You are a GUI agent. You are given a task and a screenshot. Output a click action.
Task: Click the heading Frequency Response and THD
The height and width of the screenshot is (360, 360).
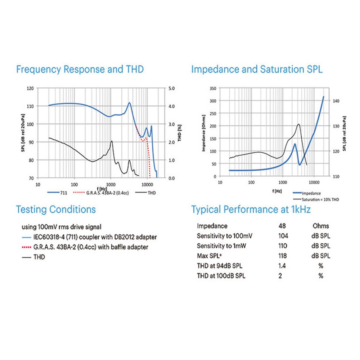pyautogui.click(x=80, y=69)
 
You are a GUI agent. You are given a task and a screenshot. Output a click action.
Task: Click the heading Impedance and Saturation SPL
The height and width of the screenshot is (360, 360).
pyautogui.click(x=257, y=69)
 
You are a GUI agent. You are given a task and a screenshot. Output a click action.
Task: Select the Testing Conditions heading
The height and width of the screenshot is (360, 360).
pyautogui.click(x=56, y=210)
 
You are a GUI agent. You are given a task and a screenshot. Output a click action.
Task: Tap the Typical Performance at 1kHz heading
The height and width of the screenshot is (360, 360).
pyautogui.click(x=251, y=210)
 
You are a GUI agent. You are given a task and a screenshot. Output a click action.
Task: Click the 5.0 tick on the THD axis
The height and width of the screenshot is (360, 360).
pyautogui.click(x=172, y=88)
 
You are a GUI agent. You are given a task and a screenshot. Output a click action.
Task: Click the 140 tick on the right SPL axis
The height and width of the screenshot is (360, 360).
pyautogui.click(x=335, y=101)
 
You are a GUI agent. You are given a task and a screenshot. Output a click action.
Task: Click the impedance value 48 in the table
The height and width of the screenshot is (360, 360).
pyautogui.click(x=282, y=226)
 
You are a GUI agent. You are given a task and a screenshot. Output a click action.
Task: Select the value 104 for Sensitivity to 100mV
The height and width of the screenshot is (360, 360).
pyautogui.click(x=283, y=236)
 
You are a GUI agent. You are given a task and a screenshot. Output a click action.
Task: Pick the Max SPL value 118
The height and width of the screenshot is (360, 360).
pyautogui.click(x=283, y=256)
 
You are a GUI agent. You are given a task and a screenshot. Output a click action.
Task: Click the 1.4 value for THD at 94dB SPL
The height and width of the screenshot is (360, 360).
pyautogui.click(x=282, y=266)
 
